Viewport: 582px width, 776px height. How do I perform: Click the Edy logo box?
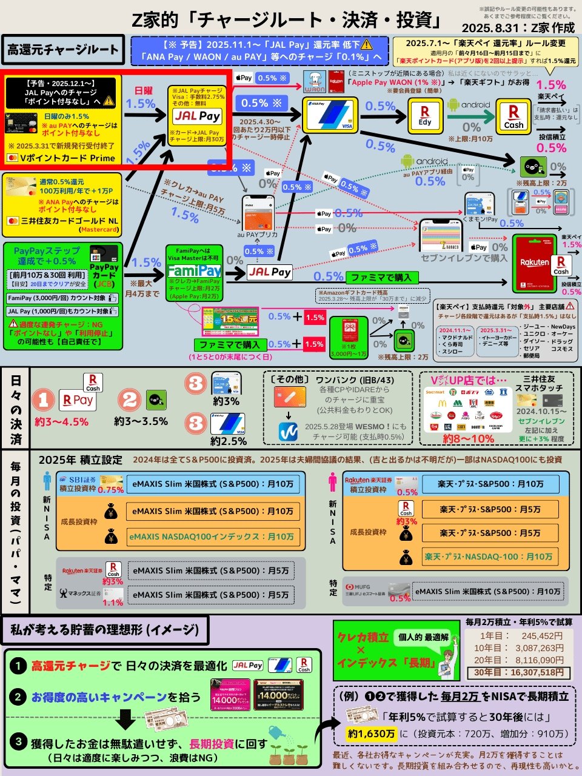click(425, 115)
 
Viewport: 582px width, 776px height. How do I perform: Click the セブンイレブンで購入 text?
click(464, 258)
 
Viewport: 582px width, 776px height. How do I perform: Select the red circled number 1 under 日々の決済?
click(44, 400)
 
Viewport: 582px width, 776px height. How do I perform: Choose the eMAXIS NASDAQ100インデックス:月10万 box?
click(212, 537)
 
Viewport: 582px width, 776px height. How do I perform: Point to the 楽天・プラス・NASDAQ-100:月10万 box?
click(489, 557)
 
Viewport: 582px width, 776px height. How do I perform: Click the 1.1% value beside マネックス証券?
click(113, 603)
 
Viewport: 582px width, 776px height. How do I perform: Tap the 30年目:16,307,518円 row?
click(519, 672)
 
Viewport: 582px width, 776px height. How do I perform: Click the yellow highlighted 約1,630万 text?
click(372, 734)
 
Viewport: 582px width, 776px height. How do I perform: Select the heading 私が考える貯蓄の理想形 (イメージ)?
click(105, 630)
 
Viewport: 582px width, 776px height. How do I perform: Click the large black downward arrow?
click(125, 720)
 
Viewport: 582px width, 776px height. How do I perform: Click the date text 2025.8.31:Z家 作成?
click(518, 28)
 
